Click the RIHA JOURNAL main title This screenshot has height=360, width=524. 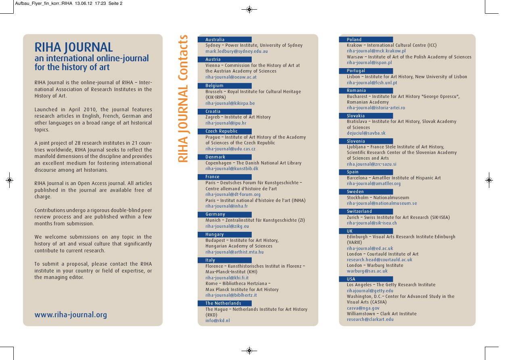(x=73, y=47)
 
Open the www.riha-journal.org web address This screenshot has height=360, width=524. (x=71, y=315)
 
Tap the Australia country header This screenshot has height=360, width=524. (x=225, y=40)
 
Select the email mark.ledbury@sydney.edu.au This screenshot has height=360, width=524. (x=236, y=52)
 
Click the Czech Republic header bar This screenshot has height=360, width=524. (x=225, y=131)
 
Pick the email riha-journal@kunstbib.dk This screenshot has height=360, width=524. (x=232, y=169)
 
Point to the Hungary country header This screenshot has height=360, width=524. (x=225, y=234)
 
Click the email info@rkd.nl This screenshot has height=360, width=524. (x=217, y=321)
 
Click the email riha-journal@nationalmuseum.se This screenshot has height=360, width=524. (x=382, y=204)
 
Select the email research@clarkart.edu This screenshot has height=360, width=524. (x=370, y=320)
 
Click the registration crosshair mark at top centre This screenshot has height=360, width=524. (x=249, y=9)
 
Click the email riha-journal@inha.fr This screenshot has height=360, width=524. (x=226, y=206)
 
